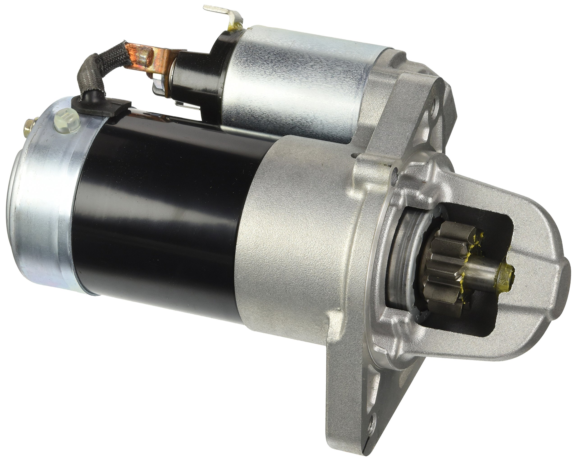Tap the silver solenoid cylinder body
(294, 80)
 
